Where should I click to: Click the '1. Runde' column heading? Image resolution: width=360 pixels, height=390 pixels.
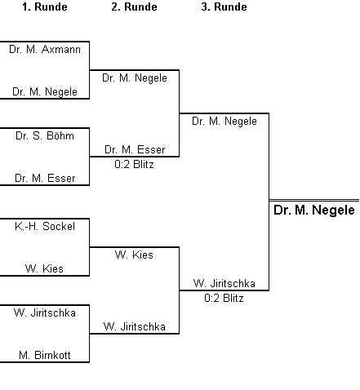click(45, 7)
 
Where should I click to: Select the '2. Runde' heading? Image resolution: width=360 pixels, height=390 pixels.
click(134, 7)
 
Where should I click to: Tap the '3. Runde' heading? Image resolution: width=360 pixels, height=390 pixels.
click(224, 7)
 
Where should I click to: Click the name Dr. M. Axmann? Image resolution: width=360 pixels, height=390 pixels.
click(45, 50)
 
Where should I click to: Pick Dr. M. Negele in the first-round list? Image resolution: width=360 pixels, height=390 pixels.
click(45, 91)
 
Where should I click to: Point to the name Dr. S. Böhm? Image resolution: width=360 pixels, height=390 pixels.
click(45, 135)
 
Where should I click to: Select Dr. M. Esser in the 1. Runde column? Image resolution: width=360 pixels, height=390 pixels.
click(45, 178)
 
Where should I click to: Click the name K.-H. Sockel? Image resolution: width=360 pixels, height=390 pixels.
click(45, 226)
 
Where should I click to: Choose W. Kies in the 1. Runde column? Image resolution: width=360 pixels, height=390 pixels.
click(44, 268)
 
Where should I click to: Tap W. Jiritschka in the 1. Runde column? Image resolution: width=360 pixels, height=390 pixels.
click(45, 312)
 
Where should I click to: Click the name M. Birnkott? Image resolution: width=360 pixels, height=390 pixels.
click(45, 355)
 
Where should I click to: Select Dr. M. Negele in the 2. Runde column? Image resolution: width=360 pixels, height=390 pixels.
click(135, 78)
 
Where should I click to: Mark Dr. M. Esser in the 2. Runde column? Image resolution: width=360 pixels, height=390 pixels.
click(135, 149)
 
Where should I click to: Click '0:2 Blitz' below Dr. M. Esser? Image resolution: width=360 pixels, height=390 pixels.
click(134, 164)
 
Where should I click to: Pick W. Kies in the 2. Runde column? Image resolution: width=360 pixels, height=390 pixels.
click(134, 255)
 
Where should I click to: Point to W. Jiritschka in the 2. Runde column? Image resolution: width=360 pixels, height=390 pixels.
click(135, 326)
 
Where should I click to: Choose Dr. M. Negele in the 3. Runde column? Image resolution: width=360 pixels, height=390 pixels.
click(224, 121)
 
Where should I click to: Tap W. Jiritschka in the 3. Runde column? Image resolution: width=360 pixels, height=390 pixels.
click(224, 283)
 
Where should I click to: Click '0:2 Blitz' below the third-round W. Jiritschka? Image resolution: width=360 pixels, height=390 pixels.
click(224, 298)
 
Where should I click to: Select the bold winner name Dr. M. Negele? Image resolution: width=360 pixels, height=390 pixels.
click(314, 210)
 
